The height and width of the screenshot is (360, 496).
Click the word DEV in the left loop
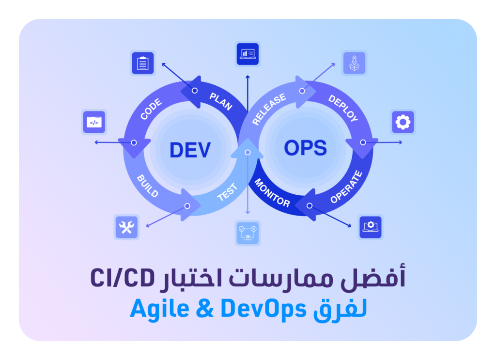coord(190,150)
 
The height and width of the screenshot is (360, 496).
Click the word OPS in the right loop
coord(305,148)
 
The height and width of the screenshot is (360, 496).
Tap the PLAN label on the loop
coord(221,101)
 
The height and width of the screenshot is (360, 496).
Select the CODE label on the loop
coord(151,110)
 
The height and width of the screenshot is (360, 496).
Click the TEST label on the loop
coord(227,192)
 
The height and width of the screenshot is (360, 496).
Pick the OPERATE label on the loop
coord(346,187)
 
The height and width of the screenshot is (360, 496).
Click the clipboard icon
coord(142,63)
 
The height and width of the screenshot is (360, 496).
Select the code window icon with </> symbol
coord(94,123)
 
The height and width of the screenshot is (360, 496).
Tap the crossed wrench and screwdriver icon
coord(126,227)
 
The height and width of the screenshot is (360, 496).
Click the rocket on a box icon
coord(354,63)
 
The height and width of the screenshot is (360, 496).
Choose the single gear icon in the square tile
coord(403,122)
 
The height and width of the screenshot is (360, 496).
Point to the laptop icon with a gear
coord(371,227)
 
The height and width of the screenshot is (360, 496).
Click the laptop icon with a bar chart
coord(248,54)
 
